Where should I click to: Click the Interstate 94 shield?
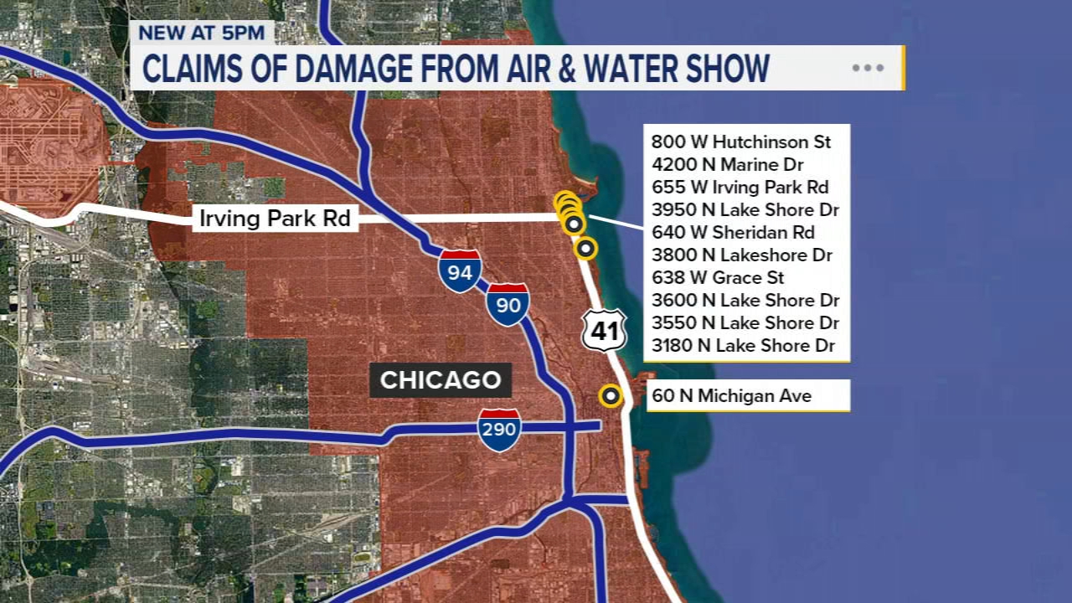pyautogui.click(x=461, y=271)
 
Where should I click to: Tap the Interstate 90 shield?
pyautogui.click(x=508, y=304)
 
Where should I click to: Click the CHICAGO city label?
pyautogui.click(x=441, y=380)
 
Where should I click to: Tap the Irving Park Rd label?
pyautogui.click(x=275, y=219)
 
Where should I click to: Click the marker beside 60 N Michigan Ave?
pyautogui.click(x=611, y=396)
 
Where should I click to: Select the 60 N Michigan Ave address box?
pyautogui.click(x=748, y=396)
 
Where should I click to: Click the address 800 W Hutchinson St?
pyautogui.click(x=740, y=142)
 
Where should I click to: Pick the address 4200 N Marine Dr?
pyautogui.click(x=727, y=164)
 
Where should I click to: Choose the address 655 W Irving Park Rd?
pyautogui.click(x=740, y=187)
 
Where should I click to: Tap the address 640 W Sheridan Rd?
pyautogui.click(x=733, y=232)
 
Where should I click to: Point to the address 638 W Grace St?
pyautogui.click(x=718, y=277)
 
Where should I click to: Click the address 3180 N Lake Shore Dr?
pyautogui.click(x=745, y=345)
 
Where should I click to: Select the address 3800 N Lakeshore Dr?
pyautogui.click(x=741, y=255)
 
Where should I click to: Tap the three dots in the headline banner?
pyautogui.click(x=868, y=68)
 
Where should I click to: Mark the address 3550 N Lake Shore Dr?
pyautogui.click(x=745, y=322)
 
